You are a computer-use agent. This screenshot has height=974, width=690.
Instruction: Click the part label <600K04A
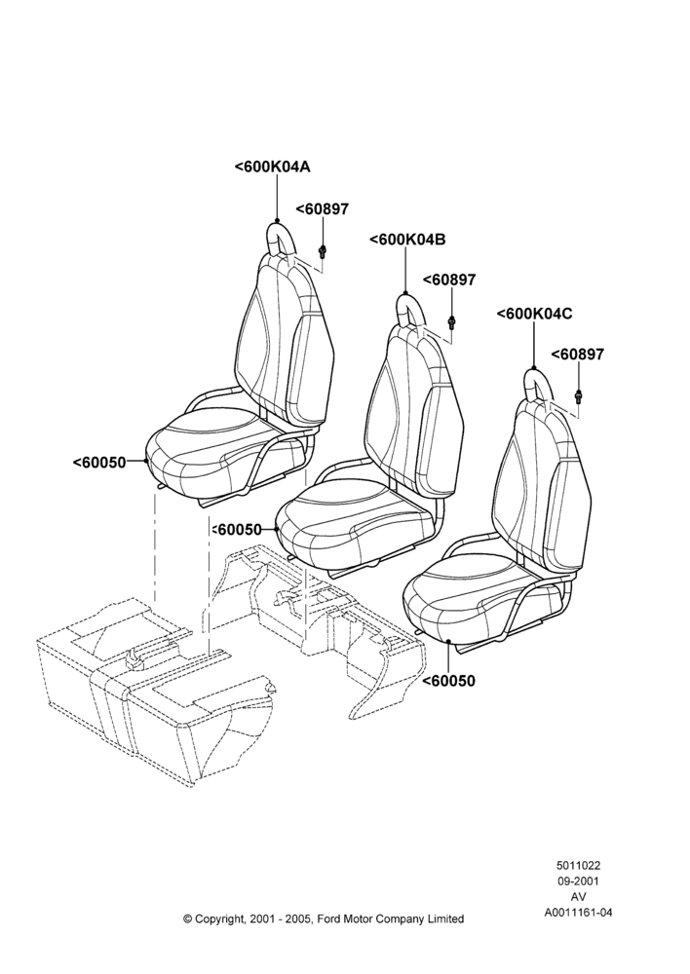click(x=272, y=167)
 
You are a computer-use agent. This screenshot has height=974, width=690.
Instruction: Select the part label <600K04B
click(x=407, y=240)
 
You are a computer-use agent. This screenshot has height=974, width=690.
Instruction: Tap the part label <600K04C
click(x=535, y=314)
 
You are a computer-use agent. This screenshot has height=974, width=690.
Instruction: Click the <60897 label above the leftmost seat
click(x=322, y=209)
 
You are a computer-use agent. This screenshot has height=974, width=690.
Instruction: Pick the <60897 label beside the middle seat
click(x=449, y=280)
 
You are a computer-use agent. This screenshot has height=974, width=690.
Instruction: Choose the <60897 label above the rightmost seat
click(x=578, y=355)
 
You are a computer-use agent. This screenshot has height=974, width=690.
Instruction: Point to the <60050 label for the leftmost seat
click(x=99, y=462)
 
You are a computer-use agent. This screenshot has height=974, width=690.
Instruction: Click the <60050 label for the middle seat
click(x=237, y=529)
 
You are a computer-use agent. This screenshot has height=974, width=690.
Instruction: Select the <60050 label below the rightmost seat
click(x=448, y=681)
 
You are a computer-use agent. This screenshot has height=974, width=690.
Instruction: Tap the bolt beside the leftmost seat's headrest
click(x=323, y=251)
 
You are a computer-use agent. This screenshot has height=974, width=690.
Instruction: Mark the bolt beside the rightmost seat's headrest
click(x=579, y=395)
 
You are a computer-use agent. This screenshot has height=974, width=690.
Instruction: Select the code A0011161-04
click(x=578, y=913)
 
